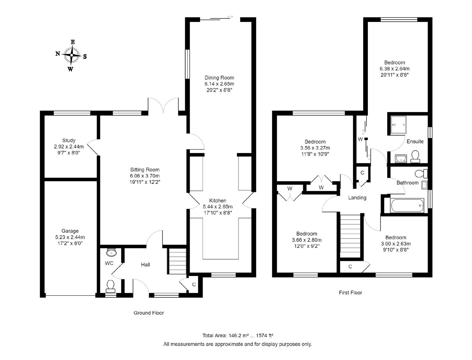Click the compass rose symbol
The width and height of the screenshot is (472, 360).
(x=71, y=55)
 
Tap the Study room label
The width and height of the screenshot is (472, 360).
(x=69, y=140)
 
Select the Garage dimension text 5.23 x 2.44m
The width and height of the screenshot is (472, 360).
(x=70, y=237)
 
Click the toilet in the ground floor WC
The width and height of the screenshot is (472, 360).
(x=111, y=286)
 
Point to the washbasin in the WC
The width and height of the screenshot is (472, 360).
(x=111, y=252)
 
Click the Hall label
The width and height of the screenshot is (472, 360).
(x=145, y=265)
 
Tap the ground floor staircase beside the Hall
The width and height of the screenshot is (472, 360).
(x=177, y=261)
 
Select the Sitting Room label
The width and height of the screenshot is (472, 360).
(x=145, y=169)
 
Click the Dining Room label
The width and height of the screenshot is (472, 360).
(x=219, y=78)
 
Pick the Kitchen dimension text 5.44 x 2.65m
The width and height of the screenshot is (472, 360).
(x=218, y=207)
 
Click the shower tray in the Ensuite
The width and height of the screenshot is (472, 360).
(x=398, y=125)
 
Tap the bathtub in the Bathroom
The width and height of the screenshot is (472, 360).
(x=407, y=205)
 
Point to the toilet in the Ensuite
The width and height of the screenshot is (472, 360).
(x=415, y=156)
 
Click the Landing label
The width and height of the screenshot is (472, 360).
(x=357, y=197)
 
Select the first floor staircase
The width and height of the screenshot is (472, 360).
(x=350, y=236)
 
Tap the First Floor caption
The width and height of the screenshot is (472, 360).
(x=351, y=293)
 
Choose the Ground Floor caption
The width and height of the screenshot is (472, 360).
(x=149, y=313)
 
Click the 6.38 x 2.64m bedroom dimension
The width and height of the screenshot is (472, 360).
(x=395, y=69)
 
